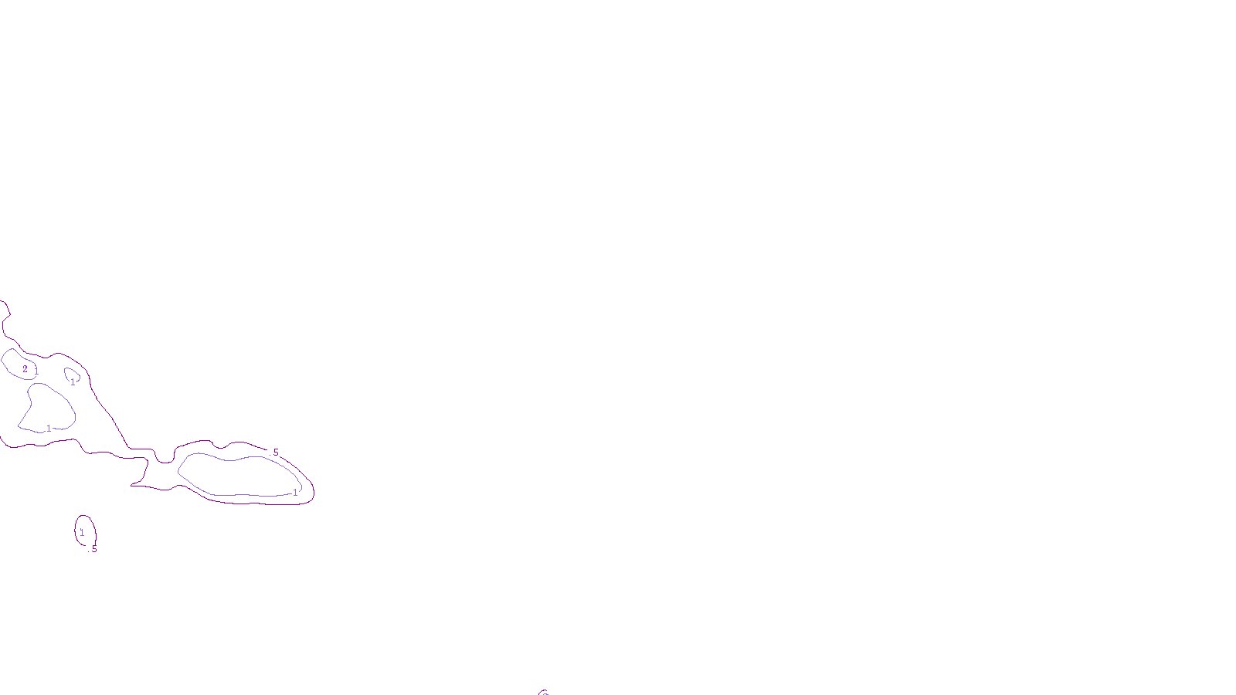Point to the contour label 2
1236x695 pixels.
25,369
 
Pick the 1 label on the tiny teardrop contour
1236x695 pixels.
73,382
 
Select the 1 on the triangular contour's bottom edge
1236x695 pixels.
49,429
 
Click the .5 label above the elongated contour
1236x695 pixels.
274,453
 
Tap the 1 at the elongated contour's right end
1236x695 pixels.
295,493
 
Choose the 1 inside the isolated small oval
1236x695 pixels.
82,533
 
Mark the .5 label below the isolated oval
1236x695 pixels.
93,550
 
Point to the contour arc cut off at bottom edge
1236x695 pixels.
544,693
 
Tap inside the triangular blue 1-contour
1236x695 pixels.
48,407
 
